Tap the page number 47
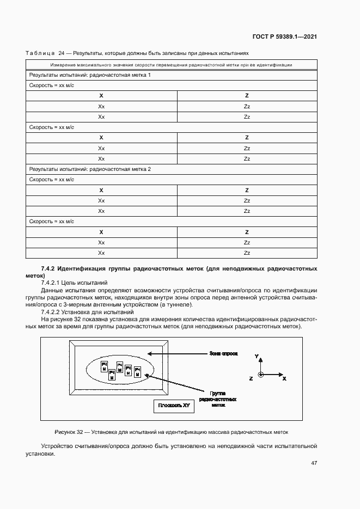tap(314, 463)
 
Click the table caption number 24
tap(61, 54)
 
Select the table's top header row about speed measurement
tap(172, 65)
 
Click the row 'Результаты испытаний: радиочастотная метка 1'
tap(90, 75)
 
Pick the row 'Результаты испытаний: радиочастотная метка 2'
tap(90, 169)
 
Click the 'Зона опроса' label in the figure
tap(223, 353)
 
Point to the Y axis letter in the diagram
tap(257, 355)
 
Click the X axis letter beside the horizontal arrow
tap(284, 378)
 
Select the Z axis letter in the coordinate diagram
tap(251, 378)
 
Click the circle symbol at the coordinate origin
tap(261, 375)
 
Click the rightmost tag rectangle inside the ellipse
tap(138, 373)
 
